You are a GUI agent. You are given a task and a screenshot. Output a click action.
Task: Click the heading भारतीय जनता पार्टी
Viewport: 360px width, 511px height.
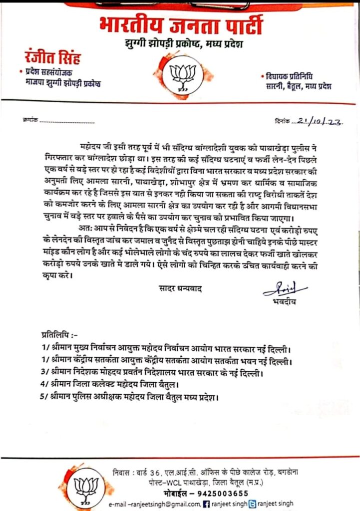coord(180,26)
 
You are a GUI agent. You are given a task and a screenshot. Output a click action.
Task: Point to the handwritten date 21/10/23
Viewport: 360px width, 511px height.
coord(321,121)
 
